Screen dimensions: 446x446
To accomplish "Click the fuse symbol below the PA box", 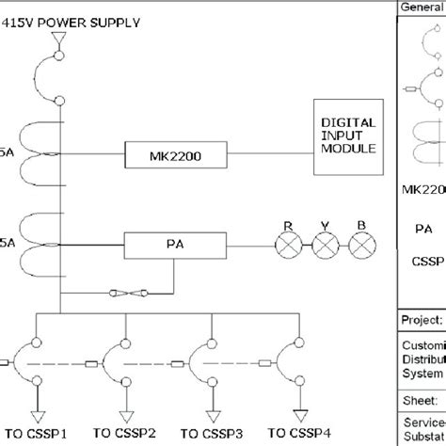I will [123, 295].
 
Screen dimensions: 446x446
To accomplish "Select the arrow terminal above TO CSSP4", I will [298, 413].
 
